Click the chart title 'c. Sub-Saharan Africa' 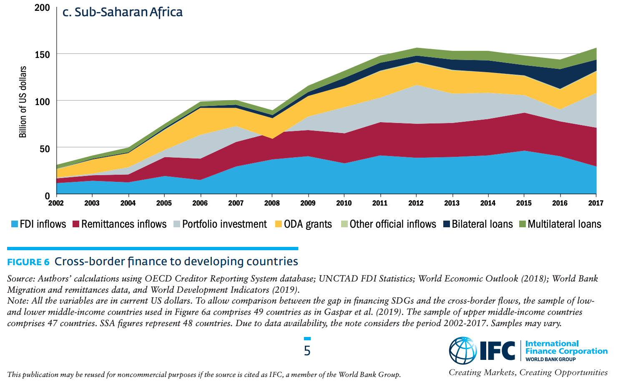click(122, 12)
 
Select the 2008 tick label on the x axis click(272, 203)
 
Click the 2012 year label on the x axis click(416, 203)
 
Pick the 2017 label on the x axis click(595, 203)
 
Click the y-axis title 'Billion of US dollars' click(23, 102)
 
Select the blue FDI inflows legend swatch click(15, 224)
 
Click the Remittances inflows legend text click(124, 224)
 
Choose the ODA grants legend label click(308, 224)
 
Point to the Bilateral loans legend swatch click(447, 224)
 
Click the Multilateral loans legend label click(564, 224)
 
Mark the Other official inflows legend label click(392, 224)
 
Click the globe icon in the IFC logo click(462, 351)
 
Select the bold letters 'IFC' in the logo click(497, 351)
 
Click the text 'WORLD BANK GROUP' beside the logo click(550, 359)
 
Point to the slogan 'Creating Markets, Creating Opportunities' click(528, 372)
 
